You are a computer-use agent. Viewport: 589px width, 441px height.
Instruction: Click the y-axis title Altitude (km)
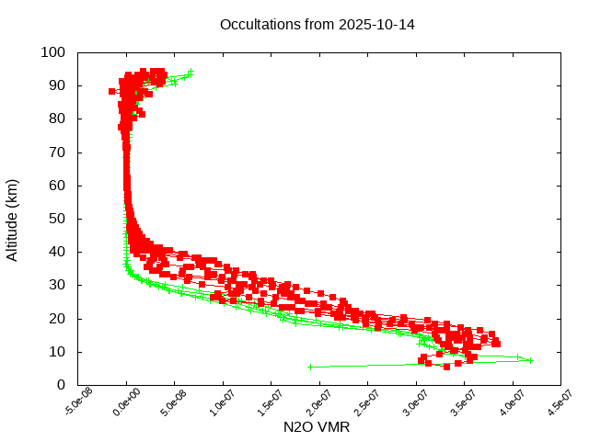[12, 219]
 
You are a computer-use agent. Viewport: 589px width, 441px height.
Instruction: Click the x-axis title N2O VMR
[317, 427]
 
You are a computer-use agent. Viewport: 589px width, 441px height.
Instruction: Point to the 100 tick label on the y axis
[52, 52]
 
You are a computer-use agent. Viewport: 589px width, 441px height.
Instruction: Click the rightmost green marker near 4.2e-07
[531, 360]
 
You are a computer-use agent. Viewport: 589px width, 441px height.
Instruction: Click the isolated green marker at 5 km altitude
[310, 367]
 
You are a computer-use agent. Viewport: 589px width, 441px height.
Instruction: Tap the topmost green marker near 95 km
[191, 71]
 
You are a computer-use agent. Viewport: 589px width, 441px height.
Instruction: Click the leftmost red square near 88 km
[112, 91]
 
